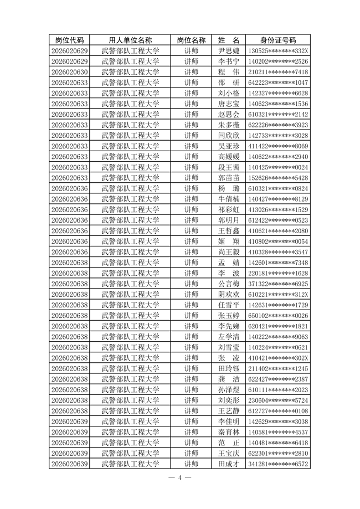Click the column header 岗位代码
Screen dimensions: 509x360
click(x=70, y=40)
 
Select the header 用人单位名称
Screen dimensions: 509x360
click(x=130, y=40)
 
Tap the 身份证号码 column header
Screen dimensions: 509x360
click(x=278, y=40)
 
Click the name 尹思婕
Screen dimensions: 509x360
click(x=228, y=50)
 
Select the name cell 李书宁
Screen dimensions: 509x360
click(x=228, y=61)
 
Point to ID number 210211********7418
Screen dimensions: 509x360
click(x=278, y=72)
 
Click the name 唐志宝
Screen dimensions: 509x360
click(x=228, y=104)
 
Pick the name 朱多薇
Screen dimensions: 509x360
click(x=228, y=125)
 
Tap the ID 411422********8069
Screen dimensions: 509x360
click(x=278, y=146)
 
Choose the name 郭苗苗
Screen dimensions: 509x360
click(x=228, y=178)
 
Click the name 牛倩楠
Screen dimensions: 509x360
click(x=228, y=199)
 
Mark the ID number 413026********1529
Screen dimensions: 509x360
click(x=278, y=209)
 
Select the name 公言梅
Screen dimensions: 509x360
click(x=228, y=284)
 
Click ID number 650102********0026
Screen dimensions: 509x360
click(x=278, y=315)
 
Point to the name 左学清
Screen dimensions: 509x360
click(x=228, y=336)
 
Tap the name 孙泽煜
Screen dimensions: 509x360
click(x=228, y=389)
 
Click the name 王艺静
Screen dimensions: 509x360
click(x=228, y=410)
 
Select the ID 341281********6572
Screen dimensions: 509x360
click(x=278, y=464)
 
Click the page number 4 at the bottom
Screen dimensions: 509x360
click(x=180, y=477)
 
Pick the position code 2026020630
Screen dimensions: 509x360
click(x=70, y=72)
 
